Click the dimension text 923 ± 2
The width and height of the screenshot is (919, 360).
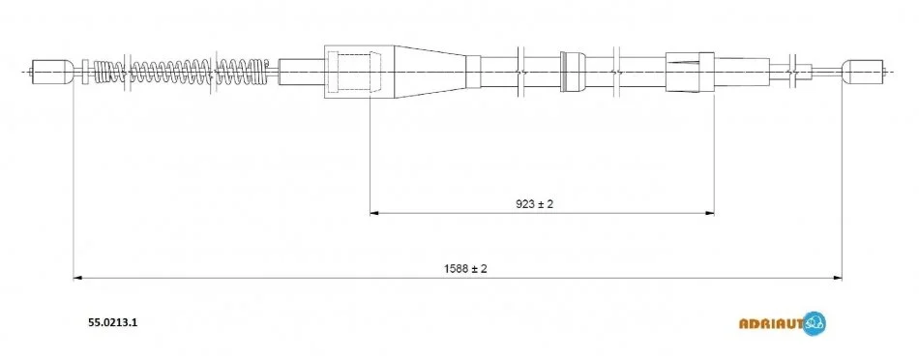coord(535,204)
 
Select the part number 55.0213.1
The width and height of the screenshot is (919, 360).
coord(112,322)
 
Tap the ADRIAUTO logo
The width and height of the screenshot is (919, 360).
coord(783,323)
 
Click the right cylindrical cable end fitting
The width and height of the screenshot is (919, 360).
coord(863,72)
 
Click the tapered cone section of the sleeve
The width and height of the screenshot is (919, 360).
coord(430,71)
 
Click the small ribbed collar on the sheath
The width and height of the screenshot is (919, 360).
coord(573,72)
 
